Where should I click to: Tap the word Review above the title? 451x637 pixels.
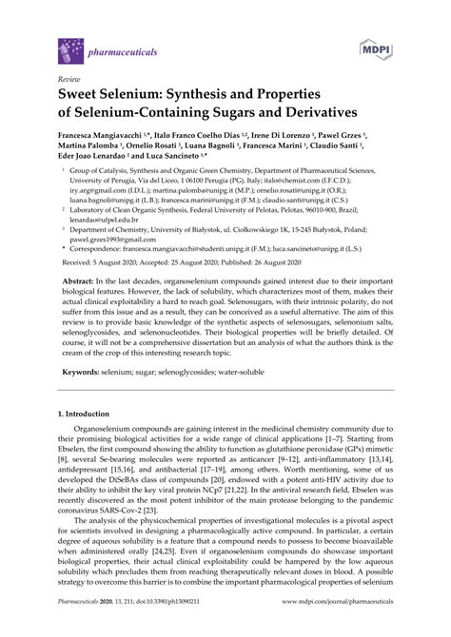click(69, 78)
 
